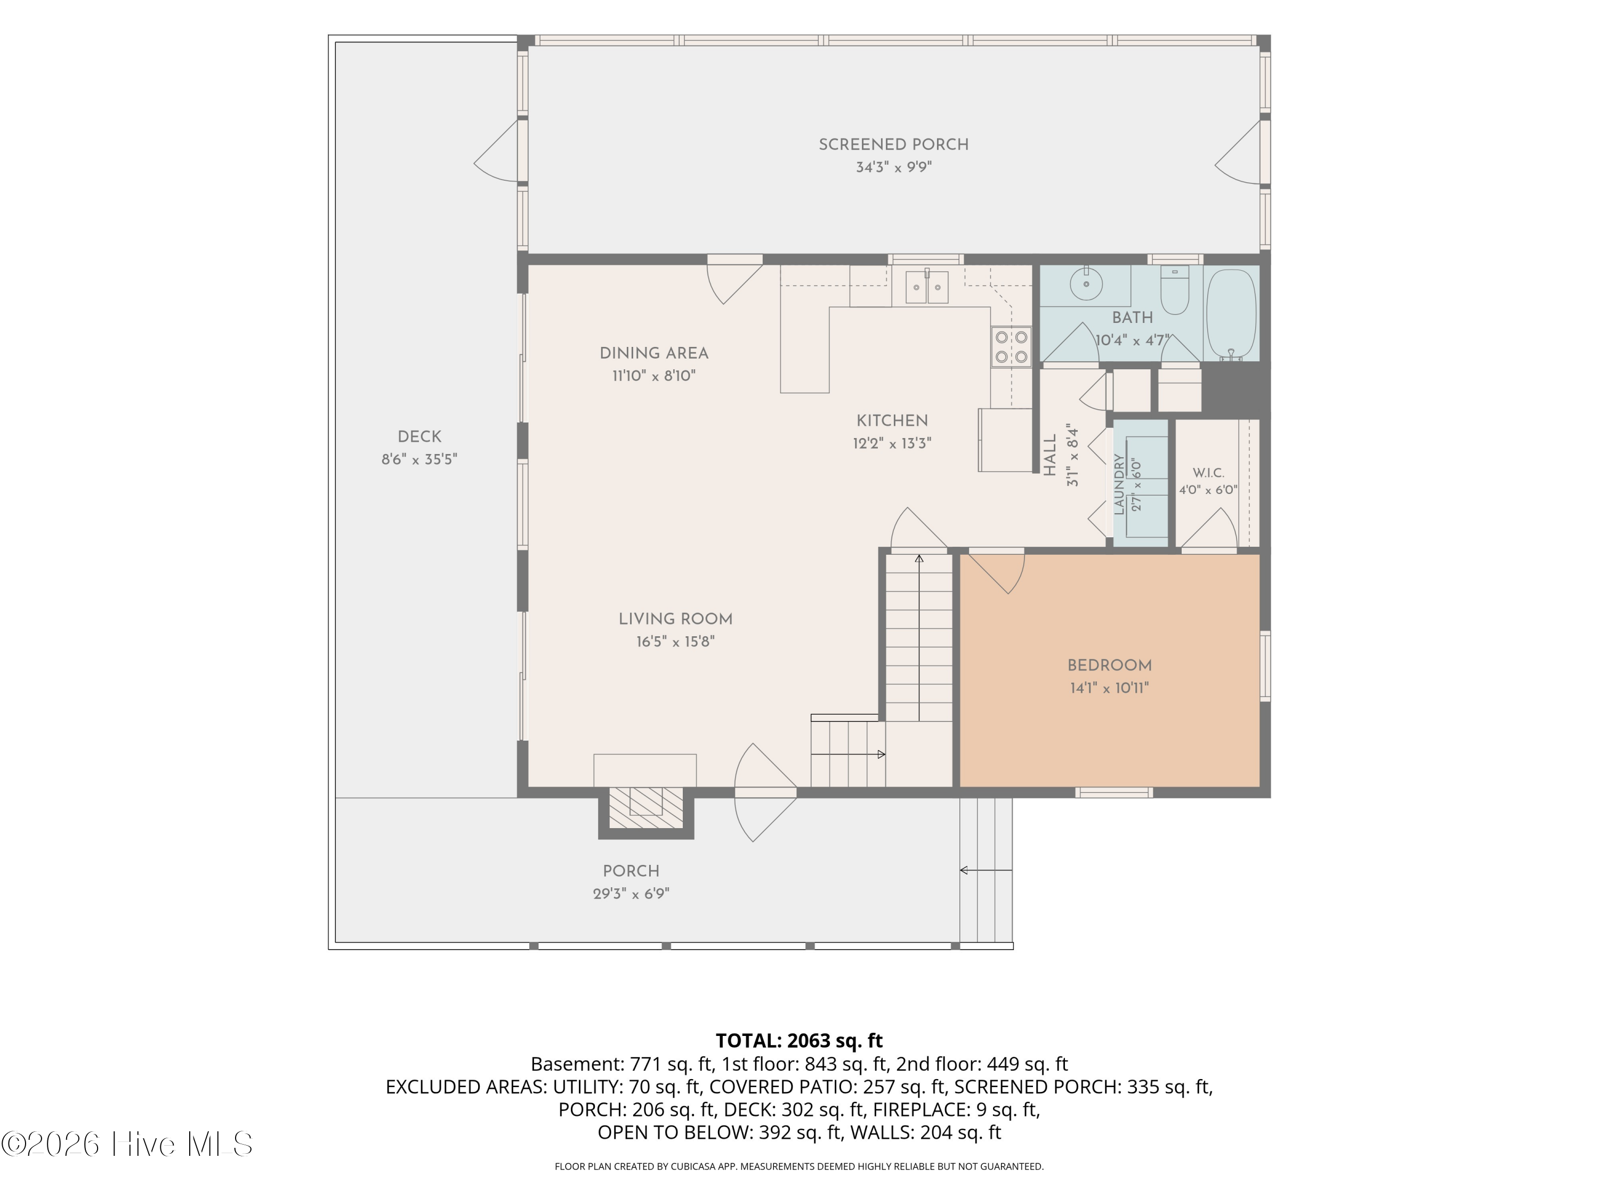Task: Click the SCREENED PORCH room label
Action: point(893,144)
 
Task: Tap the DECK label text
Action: point(419,436)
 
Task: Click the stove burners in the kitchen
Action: point(1011,347)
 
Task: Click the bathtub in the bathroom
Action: point(1231,314)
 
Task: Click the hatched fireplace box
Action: point(645,808)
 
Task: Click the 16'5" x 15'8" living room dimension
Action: point(675,642)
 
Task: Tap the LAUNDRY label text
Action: point(1119,484)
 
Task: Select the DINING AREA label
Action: point(654,353)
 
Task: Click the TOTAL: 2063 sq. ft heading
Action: point(799,1041)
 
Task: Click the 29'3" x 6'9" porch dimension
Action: point(631,894)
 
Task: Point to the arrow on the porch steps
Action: point(986,870)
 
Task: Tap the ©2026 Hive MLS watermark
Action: point(127,1144)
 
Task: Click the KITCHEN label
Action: point(892,420)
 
